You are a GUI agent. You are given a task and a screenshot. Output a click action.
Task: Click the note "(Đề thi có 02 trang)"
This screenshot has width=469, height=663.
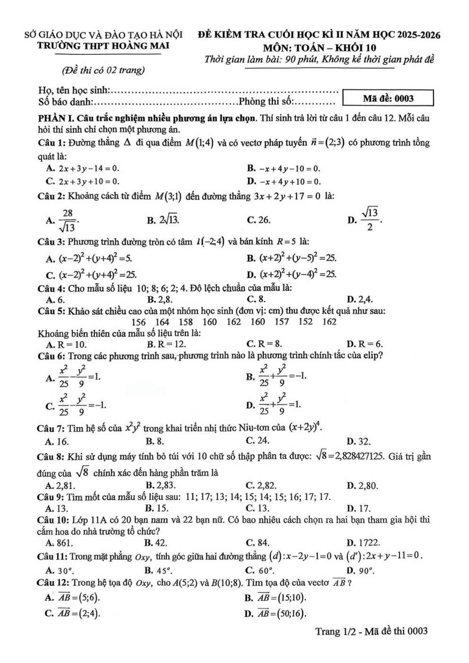click(103, 70)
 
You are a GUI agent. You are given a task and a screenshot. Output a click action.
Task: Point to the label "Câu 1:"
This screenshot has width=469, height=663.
click(52, 143)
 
